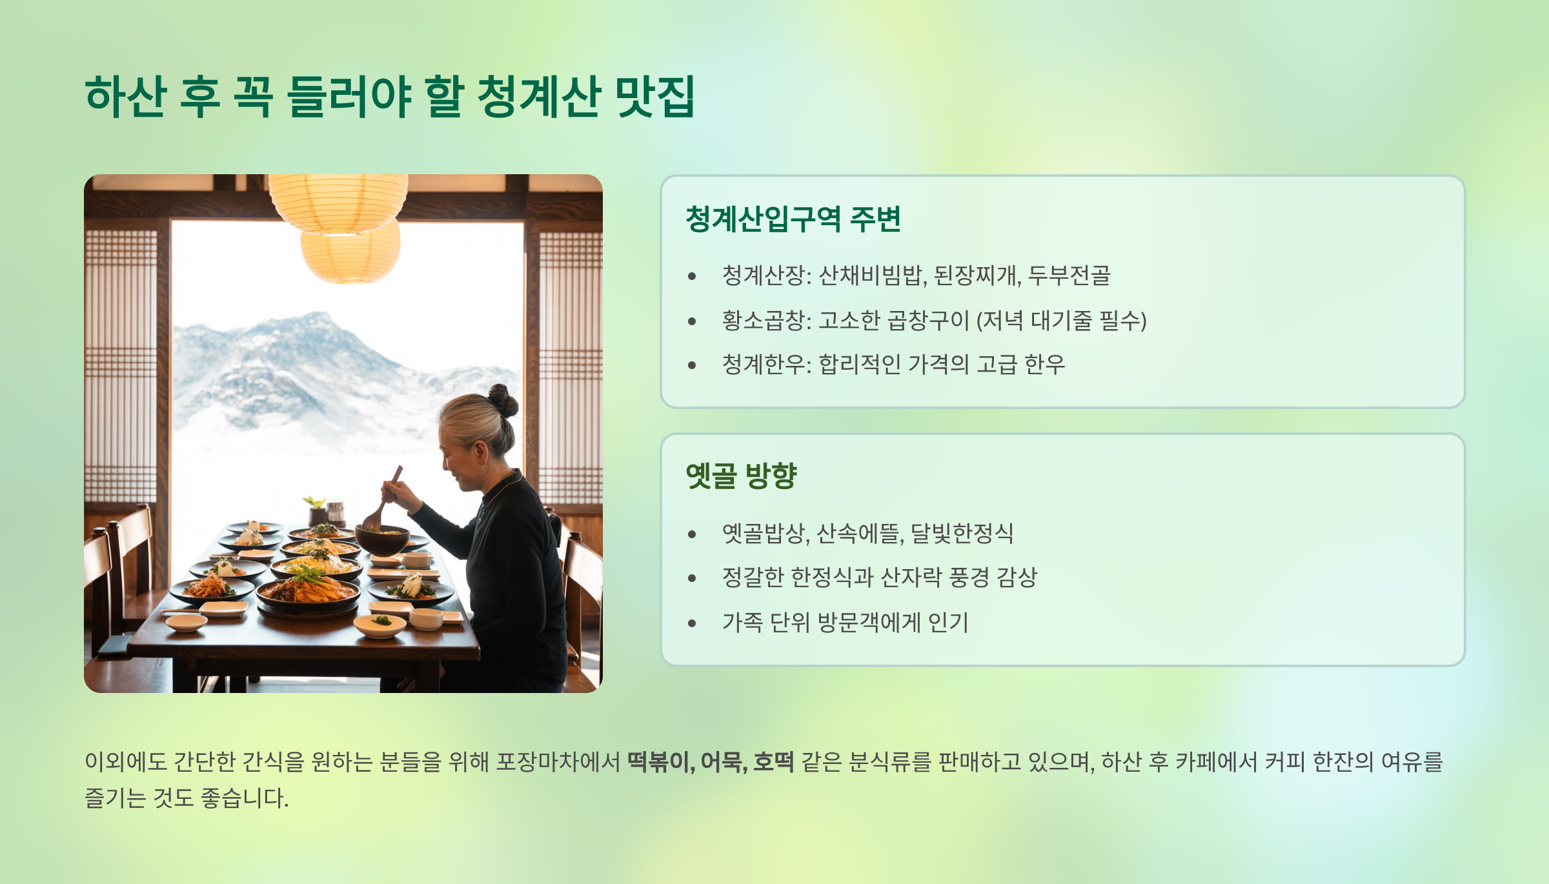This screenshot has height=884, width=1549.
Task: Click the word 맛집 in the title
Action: [654, 97]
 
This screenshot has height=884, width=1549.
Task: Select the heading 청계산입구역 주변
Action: [793, 219]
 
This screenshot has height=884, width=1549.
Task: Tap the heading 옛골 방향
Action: [741, 476]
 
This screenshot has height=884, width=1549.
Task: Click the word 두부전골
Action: [1069, 276]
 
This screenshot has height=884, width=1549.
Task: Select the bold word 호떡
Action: [773, 762]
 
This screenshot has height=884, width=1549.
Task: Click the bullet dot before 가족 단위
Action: [692, 623]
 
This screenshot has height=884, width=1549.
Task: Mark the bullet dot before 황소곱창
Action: [692, 321]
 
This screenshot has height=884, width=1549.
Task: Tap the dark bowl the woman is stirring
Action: [382, 539]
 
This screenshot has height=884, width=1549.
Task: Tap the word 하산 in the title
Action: [125, 97]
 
